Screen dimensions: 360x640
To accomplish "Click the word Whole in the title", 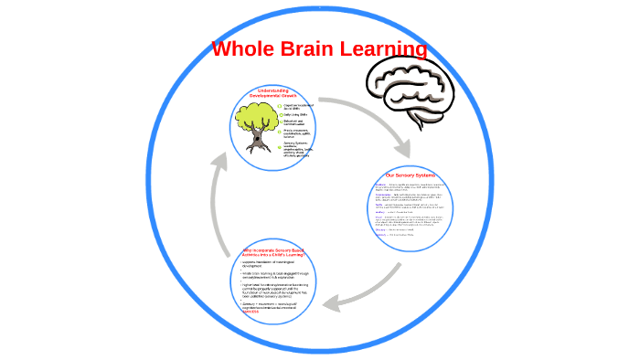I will click(x=242, y=48).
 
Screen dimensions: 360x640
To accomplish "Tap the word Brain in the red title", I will click(x=312, y=48).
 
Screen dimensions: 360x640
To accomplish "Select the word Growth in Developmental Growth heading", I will click(x=293, y=95).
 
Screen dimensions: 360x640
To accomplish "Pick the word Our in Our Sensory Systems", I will click(x=390, y=175).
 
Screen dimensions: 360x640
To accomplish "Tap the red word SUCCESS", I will click(x=238, y=312).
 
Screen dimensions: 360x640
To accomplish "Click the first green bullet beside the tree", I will click(x=279, y=106).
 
